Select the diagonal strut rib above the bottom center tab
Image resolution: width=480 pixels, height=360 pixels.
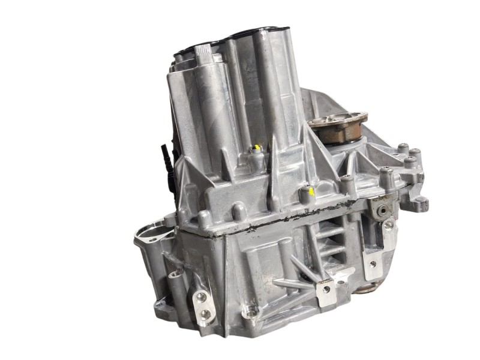point(300,267)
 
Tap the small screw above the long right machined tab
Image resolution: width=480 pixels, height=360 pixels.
point(389,224)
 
